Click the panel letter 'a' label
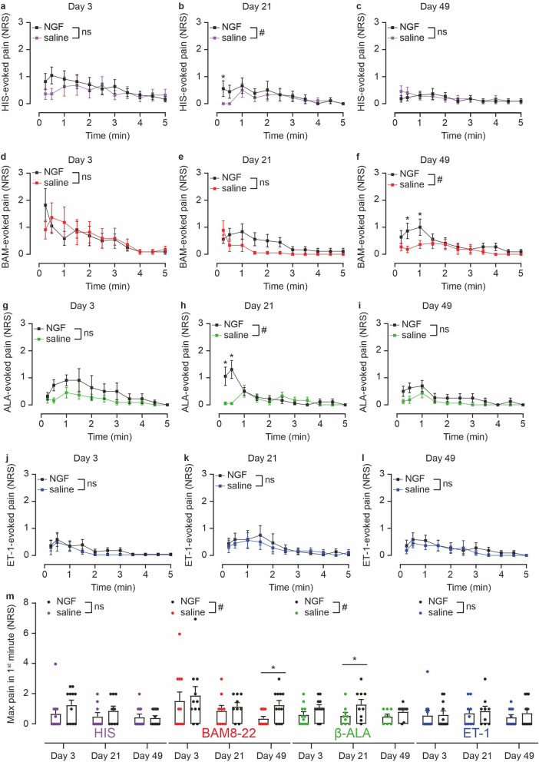coord(4,6)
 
